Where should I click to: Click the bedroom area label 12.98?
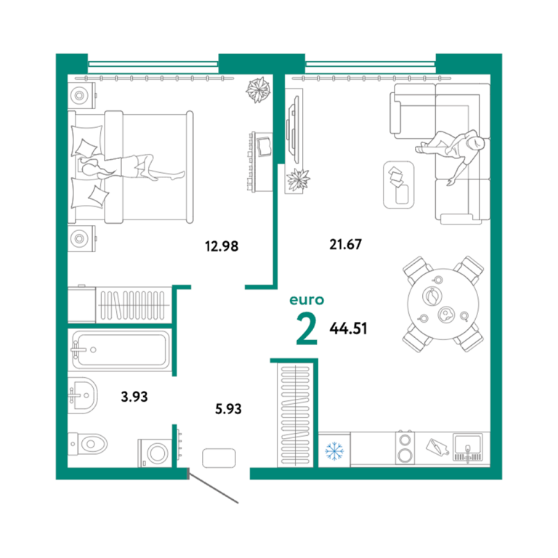tap(222, 246)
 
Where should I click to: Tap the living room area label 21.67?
tap(345, 244)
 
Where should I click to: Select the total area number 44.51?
tap(348, 328)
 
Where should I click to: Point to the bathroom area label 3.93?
tap(134, 397)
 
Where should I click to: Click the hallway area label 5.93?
tap(228, 409)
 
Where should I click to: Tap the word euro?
tap(307, 300)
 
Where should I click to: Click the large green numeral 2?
tap(307, 330)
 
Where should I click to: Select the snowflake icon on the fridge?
tap(334, 450)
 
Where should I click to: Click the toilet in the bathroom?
tap(87, 444)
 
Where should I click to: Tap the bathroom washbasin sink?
tap(83, 395)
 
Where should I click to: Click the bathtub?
tap(121, 349)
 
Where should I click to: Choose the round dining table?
tap(443, 304)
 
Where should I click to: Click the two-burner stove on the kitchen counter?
tap(405, 448)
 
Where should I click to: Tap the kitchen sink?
tap(468, 448)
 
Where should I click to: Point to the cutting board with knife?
tap(437, 447)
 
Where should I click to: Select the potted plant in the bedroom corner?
tap(258, 89)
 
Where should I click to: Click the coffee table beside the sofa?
tap(399, 185)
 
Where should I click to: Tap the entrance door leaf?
tap(213, 487)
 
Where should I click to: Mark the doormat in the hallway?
tap(219, 458)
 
